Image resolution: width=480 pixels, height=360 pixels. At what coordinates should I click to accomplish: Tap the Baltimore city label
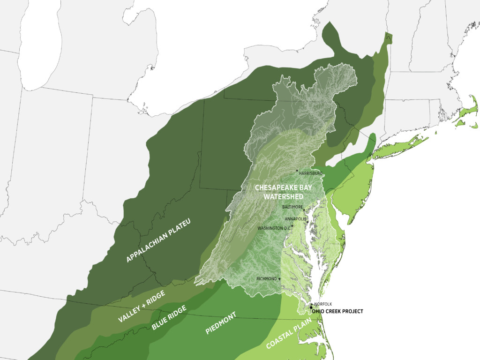(292, 207)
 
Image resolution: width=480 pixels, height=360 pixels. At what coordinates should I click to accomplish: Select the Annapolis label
(295, 219)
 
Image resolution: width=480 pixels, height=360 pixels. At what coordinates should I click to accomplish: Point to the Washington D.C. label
(274, 228)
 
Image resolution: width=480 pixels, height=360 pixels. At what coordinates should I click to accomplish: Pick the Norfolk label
(323, 304)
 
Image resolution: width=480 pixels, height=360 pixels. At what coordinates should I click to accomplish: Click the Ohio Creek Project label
(337, 311)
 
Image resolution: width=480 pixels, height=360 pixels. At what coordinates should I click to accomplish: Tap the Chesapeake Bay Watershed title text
(283, 192)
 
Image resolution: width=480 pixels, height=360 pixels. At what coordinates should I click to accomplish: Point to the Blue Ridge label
(169, 317)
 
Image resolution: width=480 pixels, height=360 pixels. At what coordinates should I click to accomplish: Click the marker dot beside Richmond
(280, 279)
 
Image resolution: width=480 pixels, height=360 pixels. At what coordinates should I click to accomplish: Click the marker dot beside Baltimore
(304, 210)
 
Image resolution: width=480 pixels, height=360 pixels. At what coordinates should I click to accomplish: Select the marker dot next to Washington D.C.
(292, 226)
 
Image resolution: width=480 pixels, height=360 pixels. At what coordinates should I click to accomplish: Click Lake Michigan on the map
(39, 42)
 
